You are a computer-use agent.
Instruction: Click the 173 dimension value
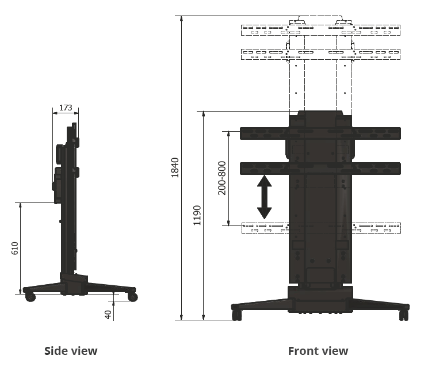pos(66,108)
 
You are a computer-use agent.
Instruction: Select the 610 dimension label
pos(16,248)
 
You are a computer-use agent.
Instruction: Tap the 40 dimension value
pos(108,314)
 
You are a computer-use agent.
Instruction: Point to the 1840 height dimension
pos(175,167)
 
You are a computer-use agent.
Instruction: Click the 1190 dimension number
pos(197,215)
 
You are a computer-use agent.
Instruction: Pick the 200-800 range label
pos(222,178)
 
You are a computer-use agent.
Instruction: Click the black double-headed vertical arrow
pos(264,197)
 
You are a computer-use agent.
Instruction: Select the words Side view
pos(71,350)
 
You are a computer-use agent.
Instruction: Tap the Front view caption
pos(318,350)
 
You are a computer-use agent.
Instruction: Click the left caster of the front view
pos(236,316)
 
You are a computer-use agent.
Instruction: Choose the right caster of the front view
pos(403,316)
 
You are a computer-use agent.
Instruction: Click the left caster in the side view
pos(30,297)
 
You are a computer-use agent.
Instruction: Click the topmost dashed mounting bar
pos(320,28)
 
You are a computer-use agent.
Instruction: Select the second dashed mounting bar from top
pos(320,54)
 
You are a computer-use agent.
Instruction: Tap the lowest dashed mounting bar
pos(320,228)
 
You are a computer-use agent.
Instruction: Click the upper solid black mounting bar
pos(320,133)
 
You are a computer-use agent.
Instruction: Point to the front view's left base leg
pos(259,303)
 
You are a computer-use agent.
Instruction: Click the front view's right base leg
pos(380,303)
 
